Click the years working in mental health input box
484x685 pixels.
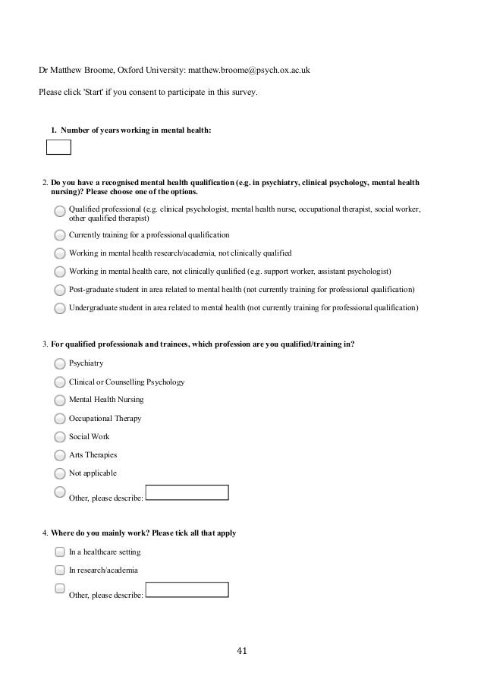pos(58,147)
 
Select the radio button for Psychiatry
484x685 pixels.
pos(60,363)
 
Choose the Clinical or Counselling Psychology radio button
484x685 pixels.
pos(60,382)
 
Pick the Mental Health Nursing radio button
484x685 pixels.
pos(60,400)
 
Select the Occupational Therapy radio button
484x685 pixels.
pos(60,418)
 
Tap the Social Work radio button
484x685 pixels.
pos(60,437)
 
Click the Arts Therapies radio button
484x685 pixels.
pos(60,455)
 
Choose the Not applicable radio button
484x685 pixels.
pos(60,473)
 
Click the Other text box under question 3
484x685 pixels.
pos(187,493)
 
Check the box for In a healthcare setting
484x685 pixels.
pos(60,551)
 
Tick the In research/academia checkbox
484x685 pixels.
pos(60,570)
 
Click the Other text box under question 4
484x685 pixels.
pos(187,590)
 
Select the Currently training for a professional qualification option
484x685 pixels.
pos(60,234)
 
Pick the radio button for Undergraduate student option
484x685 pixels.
pos(60,308)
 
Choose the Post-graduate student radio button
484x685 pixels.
pos(60,290)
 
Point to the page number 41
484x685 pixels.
pos(242,650)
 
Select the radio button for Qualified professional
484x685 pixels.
pos(60,211)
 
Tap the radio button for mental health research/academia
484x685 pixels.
pos(60,253)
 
